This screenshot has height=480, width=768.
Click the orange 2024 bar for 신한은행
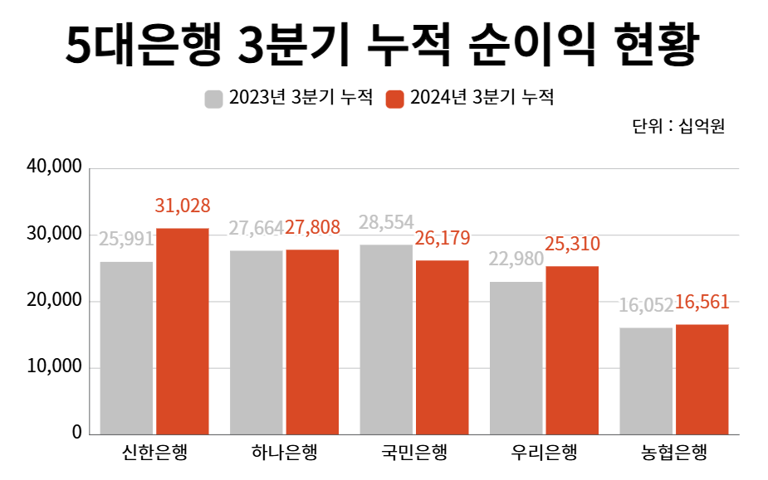[183, 331]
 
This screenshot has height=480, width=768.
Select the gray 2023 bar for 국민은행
[386, 339]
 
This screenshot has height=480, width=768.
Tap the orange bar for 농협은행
[702, 379]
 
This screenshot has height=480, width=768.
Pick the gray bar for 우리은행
[516, 357]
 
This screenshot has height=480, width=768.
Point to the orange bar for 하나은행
[312, 342]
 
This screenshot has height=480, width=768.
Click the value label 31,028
[183, 206]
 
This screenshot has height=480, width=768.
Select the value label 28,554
[386, 223]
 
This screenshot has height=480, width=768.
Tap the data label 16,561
[702, 303]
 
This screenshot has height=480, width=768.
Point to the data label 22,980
[516, 259]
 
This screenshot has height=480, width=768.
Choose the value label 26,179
[443, 239]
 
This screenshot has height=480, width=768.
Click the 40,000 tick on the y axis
[55, 167]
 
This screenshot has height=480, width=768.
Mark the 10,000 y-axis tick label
[55, 366]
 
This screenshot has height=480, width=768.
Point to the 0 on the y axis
[76, 433]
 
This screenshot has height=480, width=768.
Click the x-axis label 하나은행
[284, 453]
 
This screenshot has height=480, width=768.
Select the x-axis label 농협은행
[673, 453]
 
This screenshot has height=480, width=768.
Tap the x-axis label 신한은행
[154, 453]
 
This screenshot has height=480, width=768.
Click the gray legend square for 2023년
[213, 99]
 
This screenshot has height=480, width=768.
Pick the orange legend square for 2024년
[395, 99]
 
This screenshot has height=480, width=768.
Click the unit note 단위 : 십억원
[678, 127]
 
